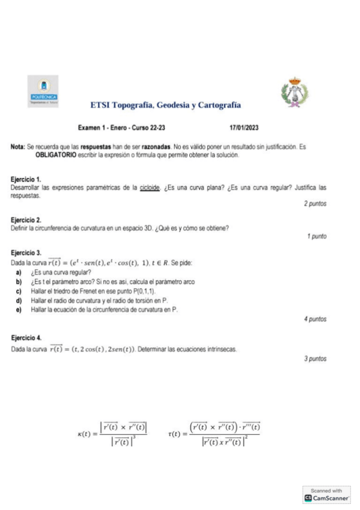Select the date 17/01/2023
click(x=245, y=127)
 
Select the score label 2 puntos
click(x=315, y=204)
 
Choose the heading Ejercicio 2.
click(x=26, y=220)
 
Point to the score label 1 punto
click(x=317, y=236)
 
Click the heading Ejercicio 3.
click(x=26, y=253)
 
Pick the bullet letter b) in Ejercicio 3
click(x=19, y=281)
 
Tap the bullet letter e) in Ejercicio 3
click(x=19, y=309)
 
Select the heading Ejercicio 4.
click(x=26, y=339)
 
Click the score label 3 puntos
click(x=315, y=358)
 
